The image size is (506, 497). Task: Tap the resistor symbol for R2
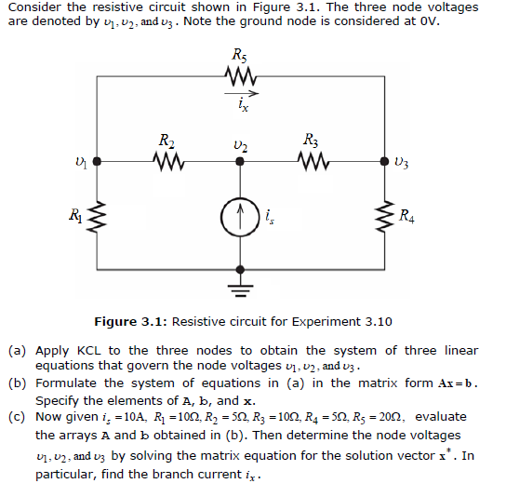click(168, 162)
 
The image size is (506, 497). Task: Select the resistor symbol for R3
click(313, 162)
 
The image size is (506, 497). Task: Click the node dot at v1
click(95, 161)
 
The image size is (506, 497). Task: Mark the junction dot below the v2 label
click(240, 161)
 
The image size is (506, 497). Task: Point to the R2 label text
click(165, 141)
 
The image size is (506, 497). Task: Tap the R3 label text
click(312, 141)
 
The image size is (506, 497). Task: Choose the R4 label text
click(406, 217)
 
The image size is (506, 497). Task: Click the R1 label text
click(73, 217)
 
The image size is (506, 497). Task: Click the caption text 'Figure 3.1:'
click(130, 322)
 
